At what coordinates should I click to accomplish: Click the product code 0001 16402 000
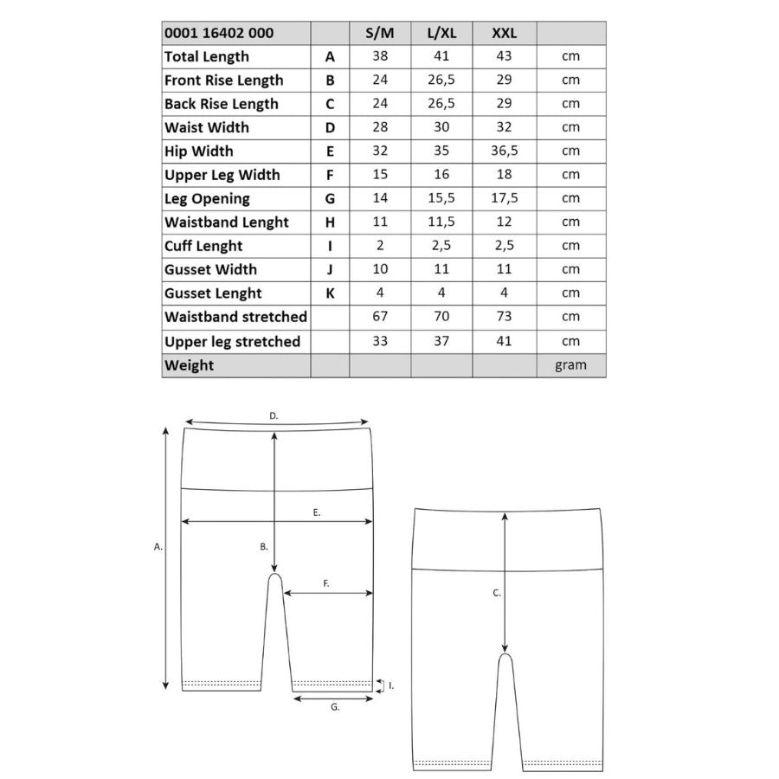pos(219,33)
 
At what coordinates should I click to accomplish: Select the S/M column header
pos(380,33)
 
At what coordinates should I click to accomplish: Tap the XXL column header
pos(504,33)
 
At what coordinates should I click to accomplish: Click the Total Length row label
pos(207,56)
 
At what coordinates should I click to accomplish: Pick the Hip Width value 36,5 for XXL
pos(504,151)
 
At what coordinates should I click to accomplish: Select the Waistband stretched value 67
pos(380,316)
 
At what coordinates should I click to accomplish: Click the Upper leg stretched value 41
pos(504,340)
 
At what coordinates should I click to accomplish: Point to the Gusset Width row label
pos(210,269)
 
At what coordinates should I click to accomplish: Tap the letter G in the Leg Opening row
pos(330,198)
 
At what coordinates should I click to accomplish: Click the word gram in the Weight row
pos(570,364)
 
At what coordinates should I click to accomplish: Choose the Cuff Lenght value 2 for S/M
pos(380,245)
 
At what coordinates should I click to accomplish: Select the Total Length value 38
pos(380,56)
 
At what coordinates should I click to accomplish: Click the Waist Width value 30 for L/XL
pos(441,127)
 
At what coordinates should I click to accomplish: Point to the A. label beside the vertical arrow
pos(158,547)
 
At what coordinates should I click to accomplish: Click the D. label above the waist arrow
pos(274,416)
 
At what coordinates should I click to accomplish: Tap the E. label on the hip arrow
pos(317,512)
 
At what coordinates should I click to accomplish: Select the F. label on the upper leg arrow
pos(326,584)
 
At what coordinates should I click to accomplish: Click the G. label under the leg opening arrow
pos(335,707)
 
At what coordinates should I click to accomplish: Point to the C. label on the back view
pos(497,593)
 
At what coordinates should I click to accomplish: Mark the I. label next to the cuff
pos(391,686)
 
